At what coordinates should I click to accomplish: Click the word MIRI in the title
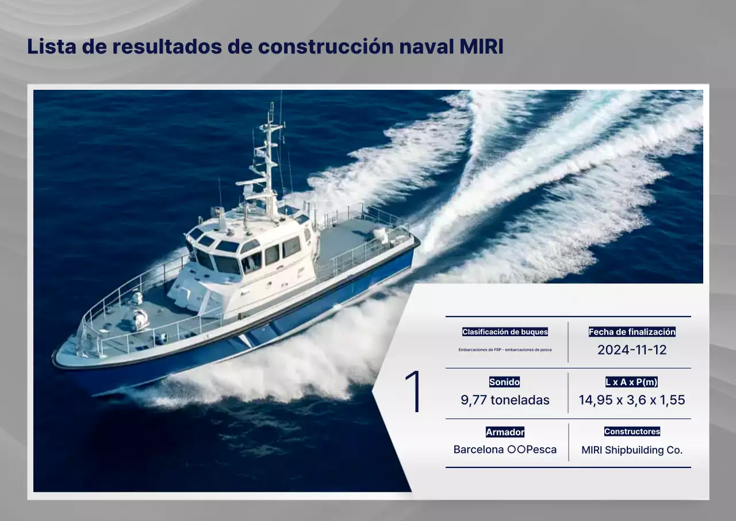tap(481, 47)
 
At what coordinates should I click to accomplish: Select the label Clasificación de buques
tap(505, 332)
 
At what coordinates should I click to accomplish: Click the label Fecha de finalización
tap(632, 332)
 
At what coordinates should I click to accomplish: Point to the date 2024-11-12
tap(632, 350)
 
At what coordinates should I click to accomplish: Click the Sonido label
tap(504, 382)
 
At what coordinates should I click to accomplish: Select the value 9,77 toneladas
tap(505, 400)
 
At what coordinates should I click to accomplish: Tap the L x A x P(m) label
tap(631, 382)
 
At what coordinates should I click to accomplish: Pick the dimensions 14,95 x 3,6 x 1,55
tap(631, 400)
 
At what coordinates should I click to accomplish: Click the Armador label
tap(505, 432)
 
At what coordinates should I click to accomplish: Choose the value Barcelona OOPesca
tap(505, 450)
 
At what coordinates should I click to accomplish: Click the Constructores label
tap(632, 431)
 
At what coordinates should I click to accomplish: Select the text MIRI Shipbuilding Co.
tap(632, 450)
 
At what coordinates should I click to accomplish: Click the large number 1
tap(413, 392)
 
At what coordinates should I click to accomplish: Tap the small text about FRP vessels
tap(505, 349)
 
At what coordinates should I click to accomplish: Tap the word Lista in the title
tap(51, 47)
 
